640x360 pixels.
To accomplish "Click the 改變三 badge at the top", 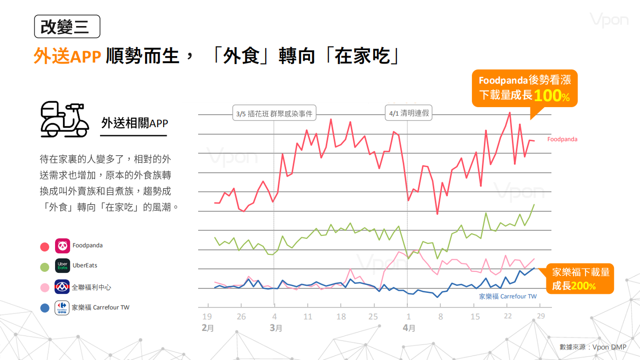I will (67, 27).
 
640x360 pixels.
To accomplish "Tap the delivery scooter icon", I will (64, 120).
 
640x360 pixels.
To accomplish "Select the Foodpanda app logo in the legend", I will (63, 246).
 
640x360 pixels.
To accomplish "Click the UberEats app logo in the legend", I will (63, 266).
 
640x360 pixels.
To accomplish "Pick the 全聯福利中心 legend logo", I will (62, 287).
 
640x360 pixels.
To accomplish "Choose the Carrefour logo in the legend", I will (62, 307).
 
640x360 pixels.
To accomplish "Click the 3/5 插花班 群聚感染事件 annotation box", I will (274, 114).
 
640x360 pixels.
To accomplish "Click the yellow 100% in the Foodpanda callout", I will (551, 95).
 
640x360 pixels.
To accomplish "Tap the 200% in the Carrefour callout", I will (583, 286).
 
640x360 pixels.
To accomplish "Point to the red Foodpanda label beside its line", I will (562, 139).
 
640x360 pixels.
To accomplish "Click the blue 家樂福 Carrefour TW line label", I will (507, 296).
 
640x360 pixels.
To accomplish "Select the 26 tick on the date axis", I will (241, 316).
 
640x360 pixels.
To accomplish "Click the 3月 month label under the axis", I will (276, 328).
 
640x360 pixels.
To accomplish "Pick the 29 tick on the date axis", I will (541, 316).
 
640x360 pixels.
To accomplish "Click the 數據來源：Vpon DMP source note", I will (592, 347).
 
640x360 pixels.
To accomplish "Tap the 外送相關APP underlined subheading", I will (134, 124).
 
